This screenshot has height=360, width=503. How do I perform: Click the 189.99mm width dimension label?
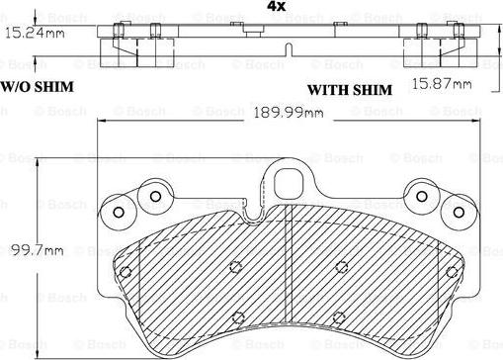[x=288, y=113]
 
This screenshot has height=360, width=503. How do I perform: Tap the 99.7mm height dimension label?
[x=37, y=250]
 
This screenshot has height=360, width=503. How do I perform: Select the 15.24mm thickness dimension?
[x=35, y=33]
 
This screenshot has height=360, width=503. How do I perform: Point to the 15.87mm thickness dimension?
[x=442, y=83]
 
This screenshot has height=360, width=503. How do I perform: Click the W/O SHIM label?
[x=38, y=87]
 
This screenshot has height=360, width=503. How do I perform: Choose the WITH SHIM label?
[x=350, y=90]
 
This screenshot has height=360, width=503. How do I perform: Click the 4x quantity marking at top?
[x=276, y=6]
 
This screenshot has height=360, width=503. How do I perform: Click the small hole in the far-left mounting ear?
[x=119, y=213]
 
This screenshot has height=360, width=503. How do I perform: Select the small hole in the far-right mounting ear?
[x=459, y=213]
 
